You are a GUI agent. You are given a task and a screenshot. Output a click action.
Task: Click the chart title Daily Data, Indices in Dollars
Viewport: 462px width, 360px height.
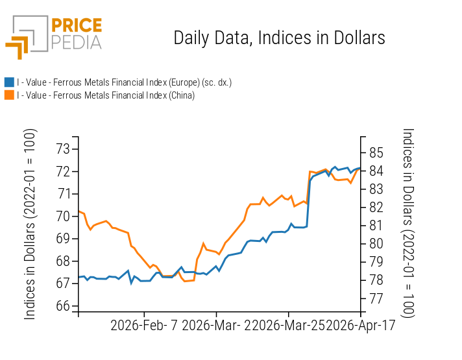pos(279,38)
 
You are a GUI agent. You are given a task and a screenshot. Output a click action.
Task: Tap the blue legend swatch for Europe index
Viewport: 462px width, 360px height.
pos(9,82)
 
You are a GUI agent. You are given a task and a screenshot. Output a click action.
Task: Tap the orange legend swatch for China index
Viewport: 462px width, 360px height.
pos(9,95)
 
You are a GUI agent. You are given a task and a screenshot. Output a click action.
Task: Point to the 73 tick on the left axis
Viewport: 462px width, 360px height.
pos(63,149)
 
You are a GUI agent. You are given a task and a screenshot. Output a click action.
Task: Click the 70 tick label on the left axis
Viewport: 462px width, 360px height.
pos(63,216)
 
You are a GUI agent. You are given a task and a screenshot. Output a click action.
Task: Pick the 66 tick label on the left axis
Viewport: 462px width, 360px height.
pos(63,306)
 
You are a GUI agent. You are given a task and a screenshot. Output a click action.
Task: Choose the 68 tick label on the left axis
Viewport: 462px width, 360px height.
pos(63,261)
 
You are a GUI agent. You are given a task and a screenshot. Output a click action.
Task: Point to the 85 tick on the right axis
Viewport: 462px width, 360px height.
pos(377,153)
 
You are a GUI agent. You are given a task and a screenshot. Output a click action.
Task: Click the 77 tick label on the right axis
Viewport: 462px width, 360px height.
pos(377,298)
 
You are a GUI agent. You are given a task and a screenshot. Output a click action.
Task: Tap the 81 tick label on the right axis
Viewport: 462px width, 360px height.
pos(377,226)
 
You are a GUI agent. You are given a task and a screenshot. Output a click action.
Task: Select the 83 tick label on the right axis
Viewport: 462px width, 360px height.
pos(377,189)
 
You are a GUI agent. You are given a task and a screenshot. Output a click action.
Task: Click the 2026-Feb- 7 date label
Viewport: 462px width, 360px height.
pos(145,325)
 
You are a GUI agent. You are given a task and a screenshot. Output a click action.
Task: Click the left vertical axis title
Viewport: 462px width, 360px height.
pos(30,224)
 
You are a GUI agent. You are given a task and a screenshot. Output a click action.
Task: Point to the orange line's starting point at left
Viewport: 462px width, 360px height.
pos(79,211)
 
